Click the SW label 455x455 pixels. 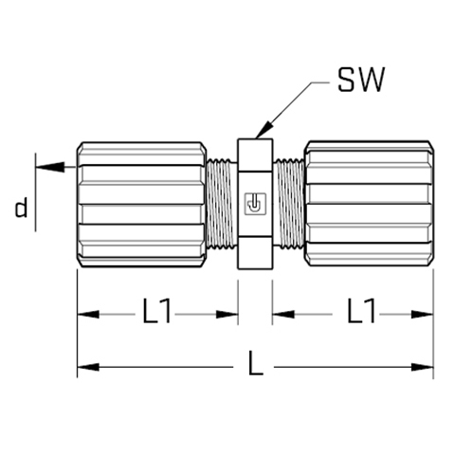361,80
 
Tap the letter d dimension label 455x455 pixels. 21,208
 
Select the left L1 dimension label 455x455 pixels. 157,311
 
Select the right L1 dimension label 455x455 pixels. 361,311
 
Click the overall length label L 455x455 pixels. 255,363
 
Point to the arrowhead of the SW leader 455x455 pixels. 264,130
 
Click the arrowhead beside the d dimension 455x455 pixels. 50,167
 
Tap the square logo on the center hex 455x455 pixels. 255,204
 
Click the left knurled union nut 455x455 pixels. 141,205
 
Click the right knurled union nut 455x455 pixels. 369,204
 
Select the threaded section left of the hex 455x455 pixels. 222,205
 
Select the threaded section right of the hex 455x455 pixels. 288,204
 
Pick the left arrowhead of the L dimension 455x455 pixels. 88,367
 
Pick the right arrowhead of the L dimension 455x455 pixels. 422,367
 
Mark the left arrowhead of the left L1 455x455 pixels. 88,315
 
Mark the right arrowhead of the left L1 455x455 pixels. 227,315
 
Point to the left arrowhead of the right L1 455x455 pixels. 283,315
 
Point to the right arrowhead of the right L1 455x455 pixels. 422,315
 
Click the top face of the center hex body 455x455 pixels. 255,155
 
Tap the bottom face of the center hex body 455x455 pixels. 255,253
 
